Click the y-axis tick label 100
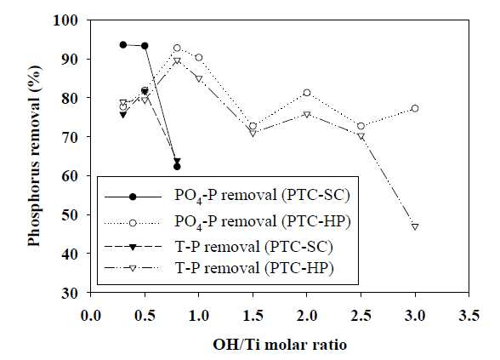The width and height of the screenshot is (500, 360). (x=69, y=20)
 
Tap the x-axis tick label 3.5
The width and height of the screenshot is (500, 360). (x=469, y=316)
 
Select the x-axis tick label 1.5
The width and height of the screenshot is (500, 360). (x=253, y=316)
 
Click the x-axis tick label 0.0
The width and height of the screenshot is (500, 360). (x=91, y=316)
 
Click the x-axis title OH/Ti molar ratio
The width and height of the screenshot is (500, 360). (x=280, y=345)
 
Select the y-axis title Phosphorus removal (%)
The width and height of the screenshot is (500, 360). (x=35, y=156)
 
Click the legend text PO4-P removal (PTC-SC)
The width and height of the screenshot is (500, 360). (x=262, y=196)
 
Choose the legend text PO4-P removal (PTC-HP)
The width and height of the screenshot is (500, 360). (x=263, y=222)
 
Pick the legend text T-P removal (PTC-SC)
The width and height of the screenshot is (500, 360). (x=254, y=247)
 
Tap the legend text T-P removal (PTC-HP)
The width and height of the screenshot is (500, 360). (x=254, y=268)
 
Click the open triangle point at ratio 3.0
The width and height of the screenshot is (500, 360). (x=415, y=227)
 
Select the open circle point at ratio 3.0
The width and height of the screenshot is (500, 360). (x=415, y=109)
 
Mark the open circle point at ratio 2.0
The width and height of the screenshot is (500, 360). (x=307, y=93)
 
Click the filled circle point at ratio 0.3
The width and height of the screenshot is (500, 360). (x=123, y=44)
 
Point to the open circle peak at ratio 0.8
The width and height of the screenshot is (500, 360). (x=177, y=49)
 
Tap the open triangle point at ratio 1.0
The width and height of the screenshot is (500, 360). (x=199, y=78)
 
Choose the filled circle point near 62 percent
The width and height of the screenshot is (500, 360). (x=177, y=167)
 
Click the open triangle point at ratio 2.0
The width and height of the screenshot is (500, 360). (x=307, y=114)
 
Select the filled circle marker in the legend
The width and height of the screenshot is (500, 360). (x=133, y=197)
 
